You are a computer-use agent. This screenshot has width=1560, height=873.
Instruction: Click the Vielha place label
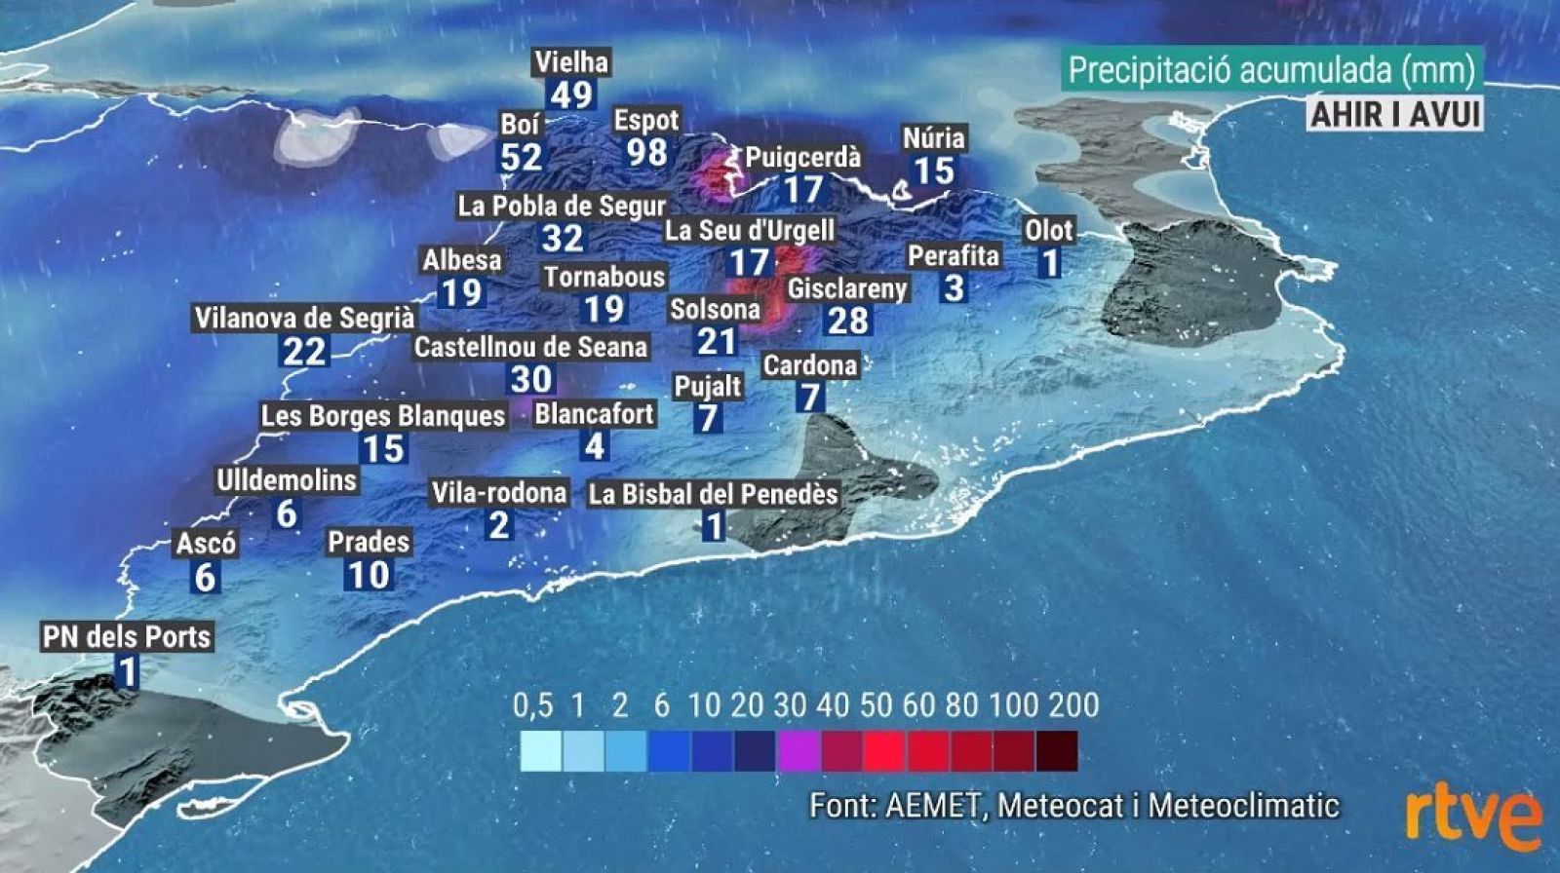(571, 62)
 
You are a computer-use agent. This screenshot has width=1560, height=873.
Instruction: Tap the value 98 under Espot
(647, 153)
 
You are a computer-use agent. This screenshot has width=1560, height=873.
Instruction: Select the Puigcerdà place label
(803, 158)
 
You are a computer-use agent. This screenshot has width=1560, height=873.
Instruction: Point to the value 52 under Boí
(521, 157)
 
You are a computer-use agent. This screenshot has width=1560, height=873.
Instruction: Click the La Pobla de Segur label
(562, 207)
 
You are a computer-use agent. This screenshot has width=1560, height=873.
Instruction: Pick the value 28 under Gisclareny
(847, 321)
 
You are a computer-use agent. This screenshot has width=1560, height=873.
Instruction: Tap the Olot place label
(1048, 231)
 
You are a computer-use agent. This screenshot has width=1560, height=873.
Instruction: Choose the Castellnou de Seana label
(530, 347)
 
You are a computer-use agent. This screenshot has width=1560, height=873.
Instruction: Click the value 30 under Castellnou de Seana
(531, 379)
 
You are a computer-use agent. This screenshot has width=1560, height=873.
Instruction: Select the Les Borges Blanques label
(383, 416)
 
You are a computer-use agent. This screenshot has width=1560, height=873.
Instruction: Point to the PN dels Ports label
(127, 637)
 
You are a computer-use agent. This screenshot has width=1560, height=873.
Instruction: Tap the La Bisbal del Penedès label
(713, 494)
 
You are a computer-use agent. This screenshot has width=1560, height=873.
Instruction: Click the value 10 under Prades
(369, 575)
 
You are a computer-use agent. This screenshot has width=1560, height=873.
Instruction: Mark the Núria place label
(933, 138)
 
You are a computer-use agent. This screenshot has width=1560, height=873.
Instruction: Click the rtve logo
(1472, 818)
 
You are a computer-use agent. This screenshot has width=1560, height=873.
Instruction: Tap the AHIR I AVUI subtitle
(1394, 114)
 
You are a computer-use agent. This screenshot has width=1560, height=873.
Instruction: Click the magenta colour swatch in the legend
(799, 751)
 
